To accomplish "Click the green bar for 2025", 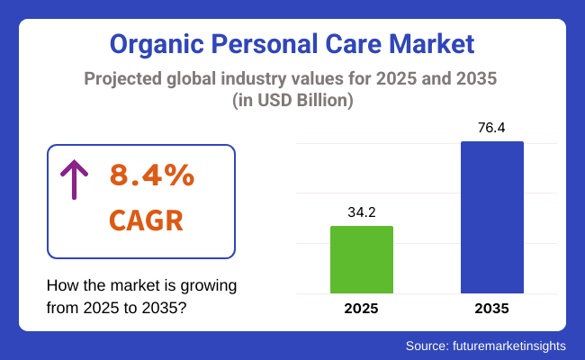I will [x=362, y=259].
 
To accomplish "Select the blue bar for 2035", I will [x=491, y=217].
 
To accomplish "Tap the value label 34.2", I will [x=362, y=212].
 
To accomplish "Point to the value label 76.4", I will [x=491, y=128].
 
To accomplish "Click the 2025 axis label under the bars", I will [x=362, y=309].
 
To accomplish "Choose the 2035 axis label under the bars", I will [x=491, y=309].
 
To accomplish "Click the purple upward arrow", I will [x=73, y=178].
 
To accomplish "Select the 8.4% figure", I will [x=152, y=175].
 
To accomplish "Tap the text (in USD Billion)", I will [x=292, y=102].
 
